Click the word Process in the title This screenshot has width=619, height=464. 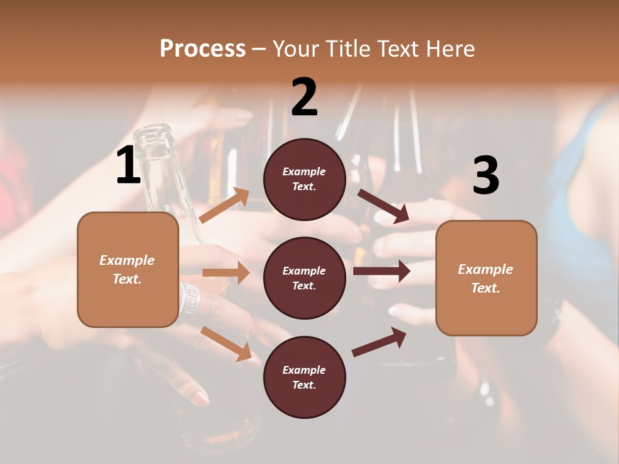click(x=202, y=48)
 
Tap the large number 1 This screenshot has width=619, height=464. click(x=128, y=166)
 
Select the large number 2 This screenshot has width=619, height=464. click(x=304, y=98)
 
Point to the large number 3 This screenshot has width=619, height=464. click(x=486, y=175)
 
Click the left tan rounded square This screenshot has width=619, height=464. click(x=128, y=269)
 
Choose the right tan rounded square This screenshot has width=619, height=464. click(x=486, y=278)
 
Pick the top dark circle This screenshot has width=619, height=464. click(x=304, y=179)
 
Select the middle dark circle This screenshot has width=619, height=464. click(x=304, y=278)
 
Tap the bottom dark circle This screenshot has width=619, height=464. click(x=304, y=377)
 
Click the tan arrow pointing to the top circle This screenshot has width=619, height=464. click(x=224, y=206)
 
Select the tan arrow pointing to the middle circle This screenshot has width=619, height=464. click(x=226, y=273)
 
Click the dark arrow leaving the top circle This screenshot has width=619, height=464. click(x=383, y=206)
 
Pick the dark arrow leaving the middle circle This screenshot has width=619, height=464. click(x=381, y=271)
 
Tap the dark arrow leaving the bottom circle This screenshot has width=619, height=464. click(x=379, y=342)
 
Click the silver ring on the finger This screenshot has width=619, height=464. click(x=190, y=298)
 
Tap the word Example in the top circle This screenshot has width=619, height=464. click(x=304, y=171)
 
